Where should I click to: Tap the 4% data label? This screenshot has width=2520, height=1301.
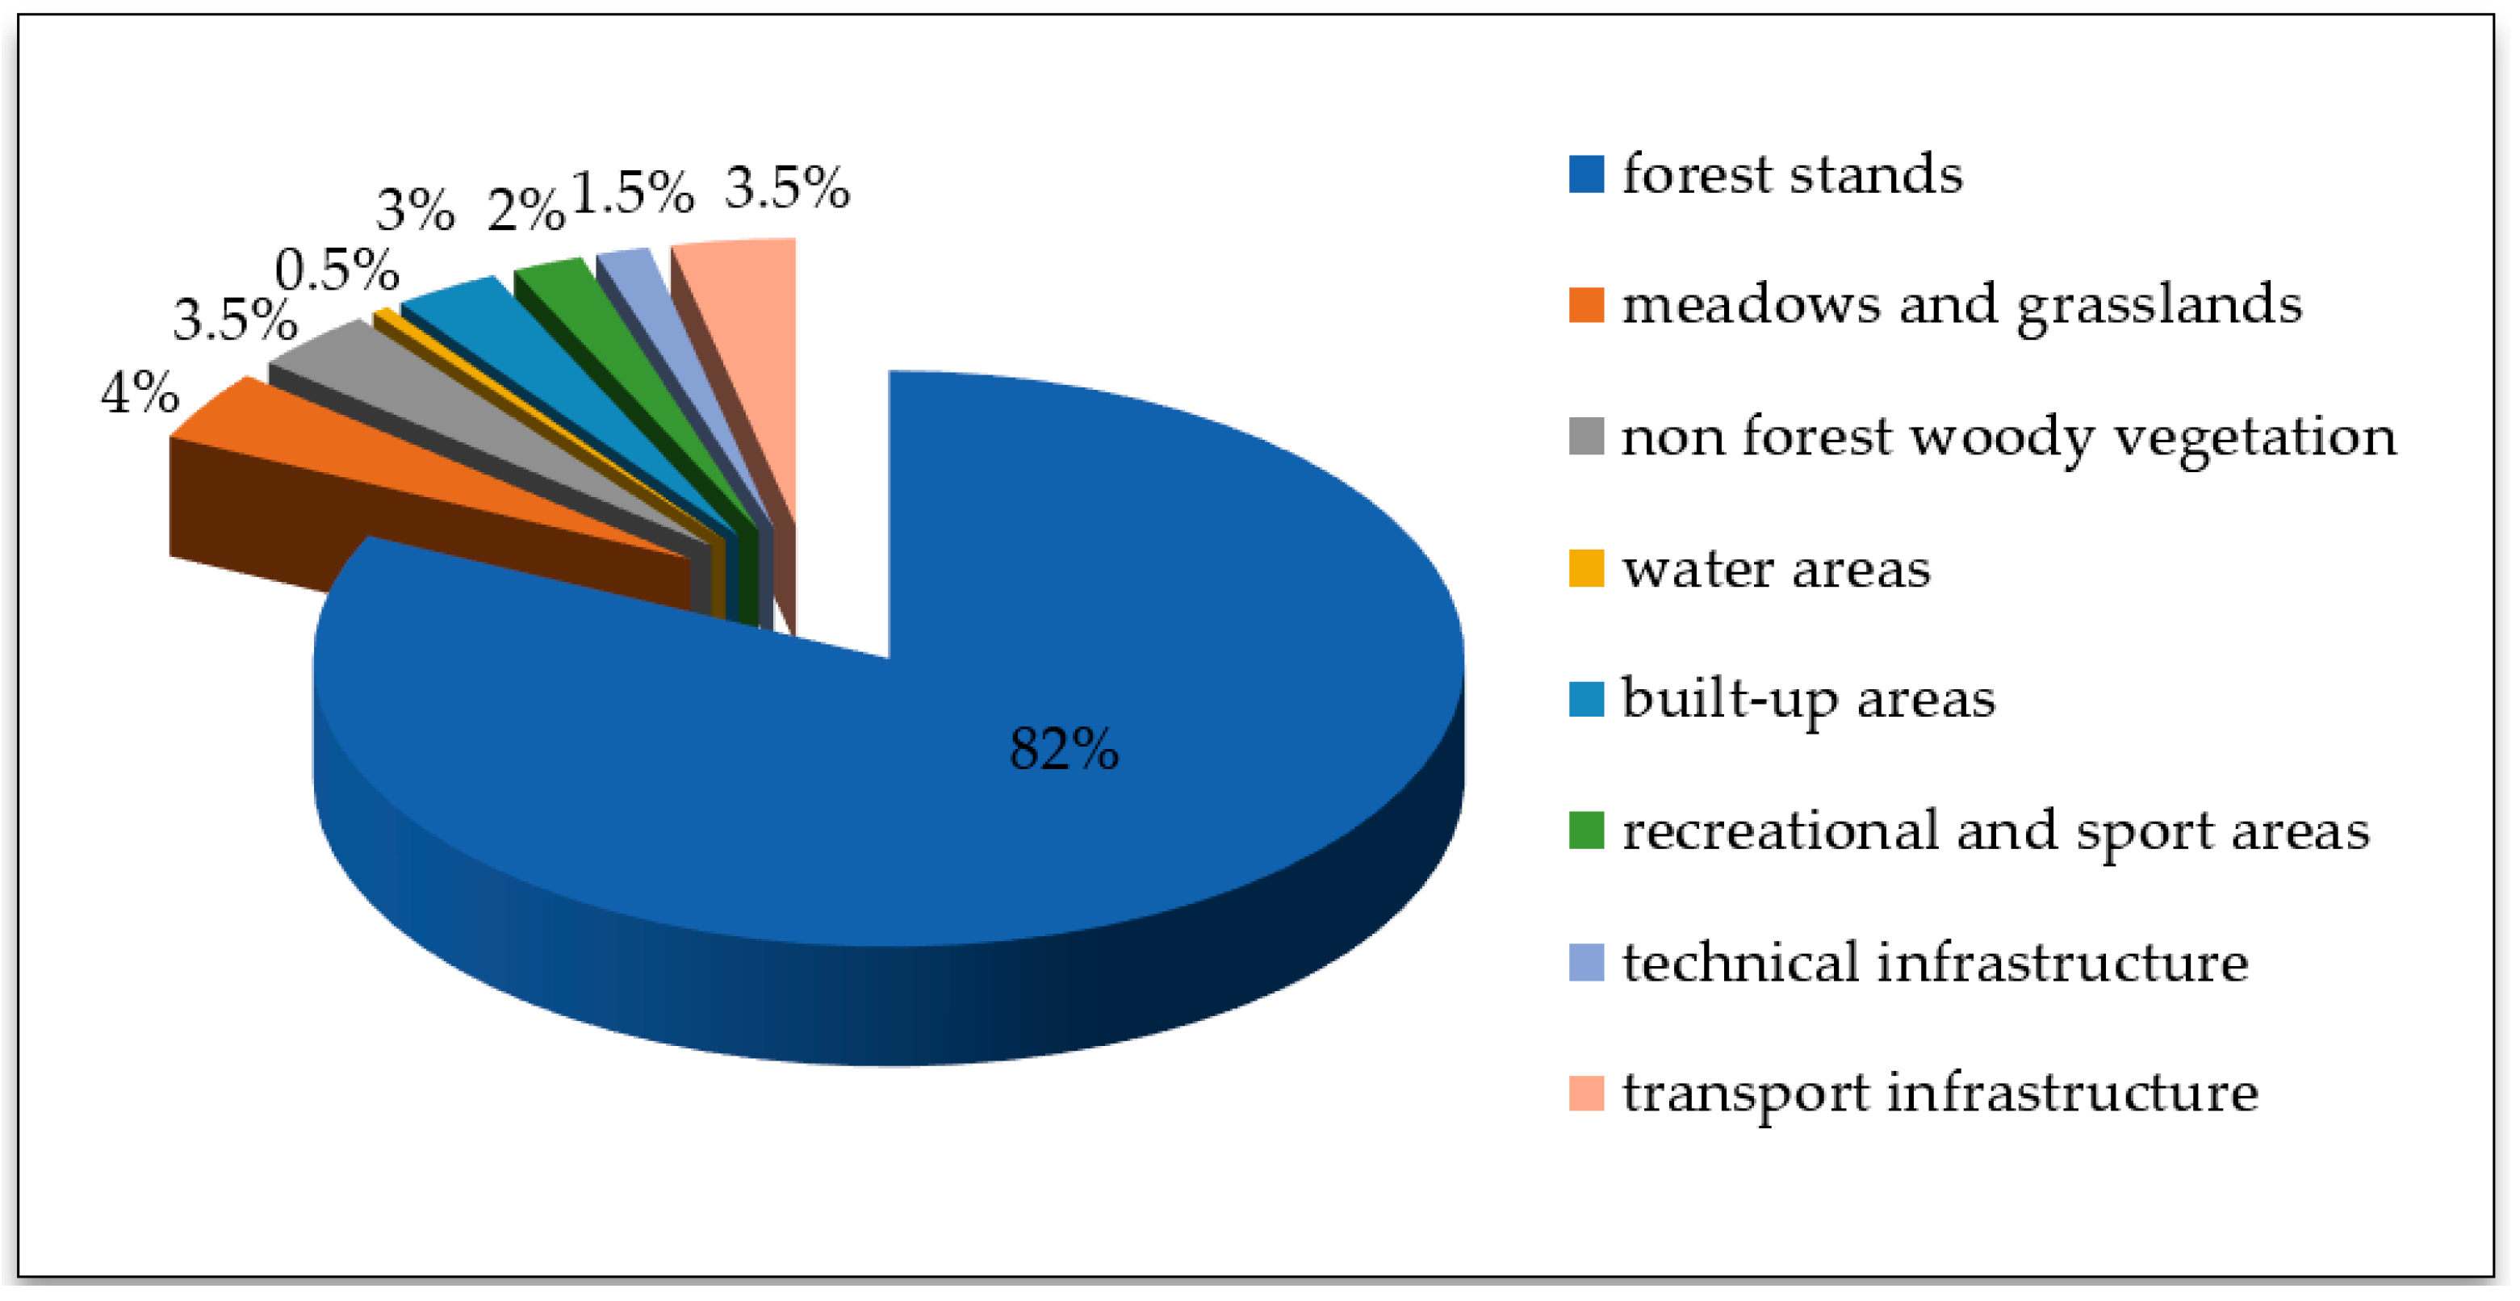(x=140, y=393)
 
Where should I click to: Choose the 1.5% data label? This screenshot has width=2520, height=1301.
(x=632, y=192)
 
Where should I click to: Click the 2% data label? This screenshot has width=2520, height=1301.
(x=526, y=209)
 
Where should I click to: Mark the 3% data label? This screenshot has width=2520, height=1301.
(x=416, y=209)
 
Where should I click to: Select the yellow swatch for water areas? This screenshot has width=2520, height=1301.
(x=1586, y=569)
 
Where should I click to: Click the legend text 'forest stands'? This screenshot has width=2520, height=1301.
(x=1792, y=174)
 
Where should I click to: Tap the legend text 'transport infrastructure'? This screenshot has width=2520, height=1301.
(x=1940, y=1093)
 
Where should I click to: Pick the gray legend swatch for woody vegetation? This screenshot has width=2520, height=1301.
(x=1586, y=437)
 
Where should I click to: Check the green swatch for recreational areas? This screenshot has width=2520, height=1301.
(x=1586, y=830)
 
